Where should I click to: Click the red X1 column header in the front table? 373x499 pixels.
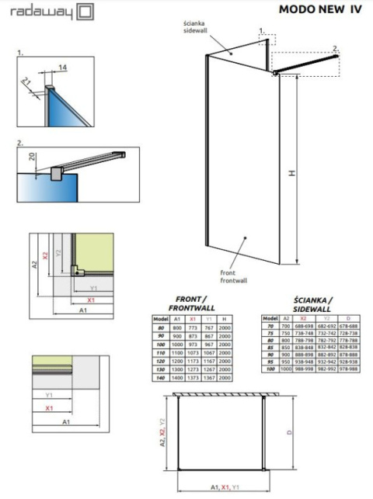click(x=193, y=319)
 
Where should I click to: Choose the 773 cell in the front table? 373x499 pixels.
click(x=193, y=327)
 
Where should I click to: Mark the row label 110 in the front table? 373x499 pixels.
click(x=161, y=352)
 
